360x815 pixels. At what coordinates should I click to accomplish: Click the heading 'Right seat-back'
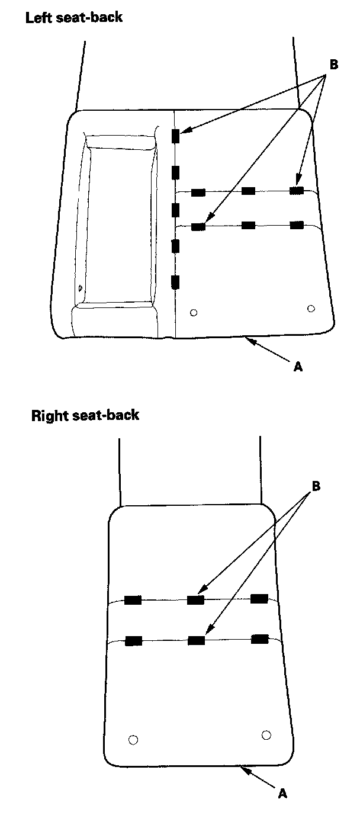85,415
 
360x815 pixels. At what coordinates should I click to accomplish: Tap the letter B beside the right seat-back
316,486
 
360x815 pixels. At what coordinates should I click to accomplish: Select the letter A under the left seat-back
298,367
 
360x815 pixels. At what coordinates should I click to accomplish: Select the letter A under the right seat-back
282,792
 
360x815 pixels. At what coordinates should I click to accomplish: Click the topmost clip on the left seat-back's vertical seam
175,136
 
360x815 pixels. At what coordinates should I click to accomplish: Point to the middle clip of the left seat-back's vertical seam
175,209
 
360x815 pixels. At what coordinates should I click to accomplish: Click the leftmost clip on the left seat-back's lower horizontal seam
198,226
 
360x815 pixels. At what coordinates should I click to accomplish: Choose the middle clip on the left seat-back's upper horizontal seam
249,191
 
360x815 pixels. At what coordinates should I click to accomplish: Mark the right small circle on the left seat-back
311,307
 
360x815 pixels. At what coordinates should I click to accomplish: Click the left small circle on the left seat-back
193,312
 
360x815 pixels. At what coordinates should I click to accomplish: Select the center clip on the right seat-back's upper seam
195,600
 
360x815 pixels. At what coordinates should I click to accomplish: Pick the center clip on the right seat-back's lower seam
195,640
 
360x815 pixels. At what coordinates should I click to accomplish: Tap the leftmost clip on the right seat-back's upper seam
133,600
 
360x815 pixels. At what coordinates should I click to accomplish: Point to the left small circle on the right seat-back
133,740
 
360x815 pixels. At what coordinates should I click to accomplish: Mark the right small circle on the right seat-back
266,735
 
